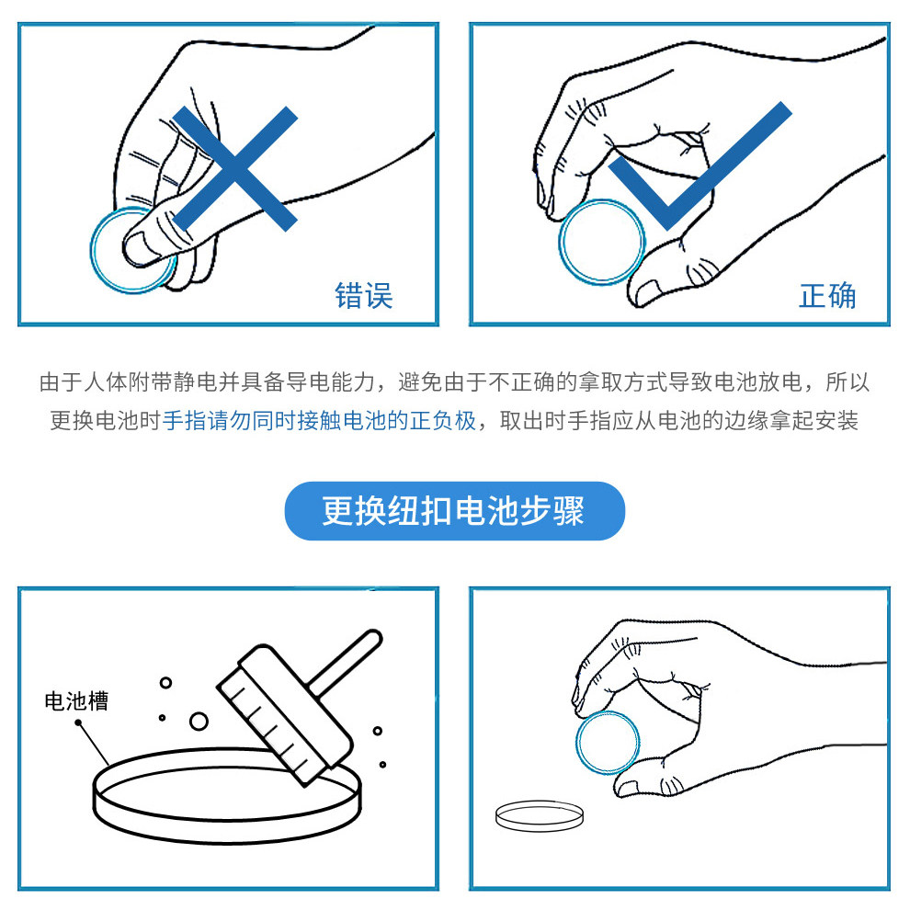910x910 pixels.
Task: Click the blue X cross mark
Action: pyautogui.click(x=235, y=168)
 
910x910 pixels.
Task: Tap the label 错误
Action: pyautogui.click(x=364, y=295)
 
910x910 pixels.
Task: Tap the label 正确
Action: pyautogui.click(x=827, y=295)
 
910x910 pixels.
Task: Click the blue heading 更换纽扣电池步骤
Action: pyautogui.click(x=454, y=511)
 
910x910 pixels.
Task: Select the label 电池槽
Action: pyautogui.click(x=76, y=700)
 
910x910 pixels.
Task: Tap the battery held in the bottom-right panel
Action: pyautogui.click(x=608, y=743)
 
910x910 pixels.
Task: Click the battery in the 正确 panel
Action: pyautogui.click(x=603, y=242)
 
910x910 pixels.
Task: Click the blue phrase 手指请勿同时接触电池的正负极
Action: pyautogui.click(x=320, y=421)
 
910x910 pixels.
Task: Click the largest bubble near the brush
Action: pyautogui.click(x=199, y=720)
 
